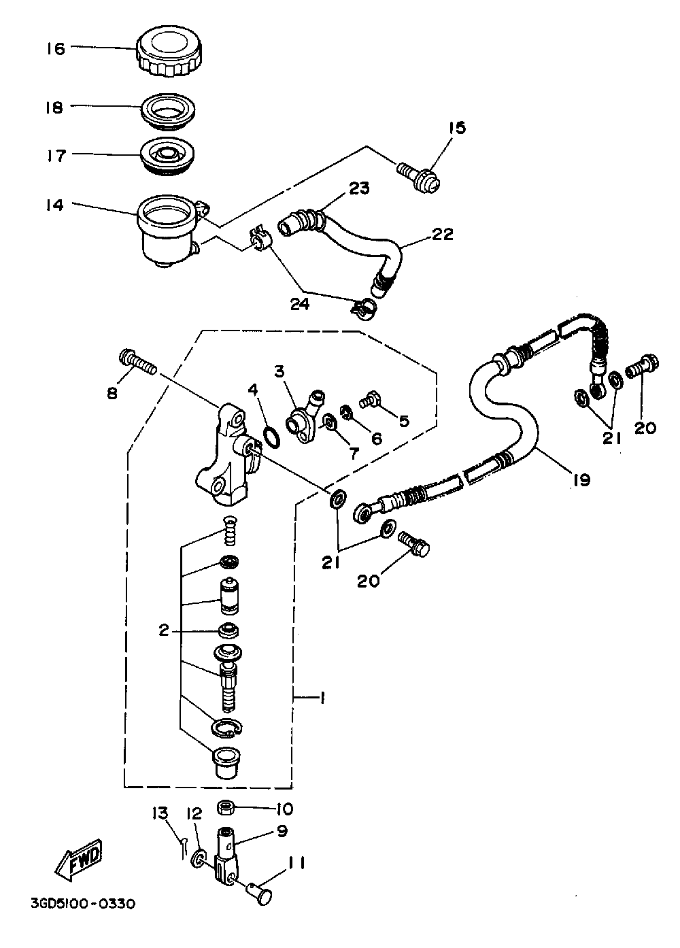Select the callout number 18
(x=54, y=107)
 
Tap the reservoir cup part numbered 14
(x=168, y=231)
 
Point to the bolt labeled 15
(x=419, y=178)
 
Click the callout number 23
(x=359, y=188)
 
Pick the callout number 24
(x=300, y=304)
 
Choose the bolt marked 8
(x=138, y=363)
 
